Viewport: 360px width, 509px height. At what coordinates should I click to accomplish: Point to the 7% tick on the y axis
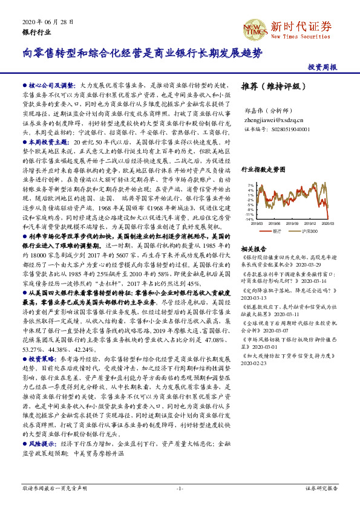click(250, 186)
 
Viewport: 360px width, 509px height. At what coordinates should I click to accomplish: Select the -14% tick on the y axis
click(249, 219)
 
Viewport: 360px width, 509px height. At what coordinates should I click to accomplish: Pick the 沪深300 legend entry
click(308, 230)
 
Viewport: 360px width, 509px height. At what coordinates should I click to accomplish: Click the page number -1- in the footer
click(180, 488)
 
